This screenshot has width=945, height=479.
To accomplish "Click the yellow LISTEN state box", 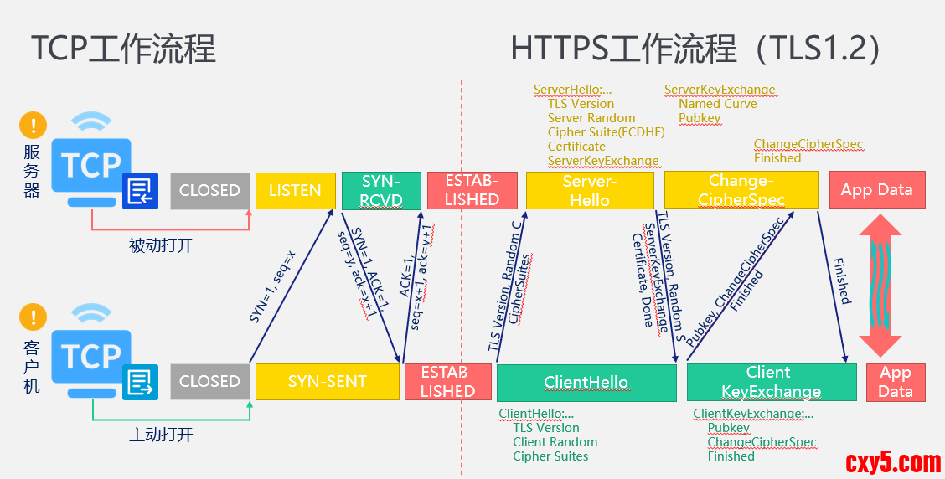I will (295, 191).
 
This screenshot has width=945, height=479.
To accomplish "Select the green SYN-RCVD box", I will (381, 191).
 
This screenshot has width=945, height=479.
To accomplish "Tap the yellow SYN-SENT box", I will (327, 382).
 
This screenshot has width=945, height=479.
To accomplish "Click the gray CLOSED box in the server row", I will (209, 191).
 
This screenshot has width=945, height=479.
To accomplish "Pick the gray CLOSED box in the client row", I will (209, 382).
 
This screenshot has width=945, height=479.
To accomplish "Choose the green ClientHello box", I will (586, 383).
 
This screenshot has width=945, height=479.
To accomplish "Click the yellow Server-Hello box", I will (590, 191).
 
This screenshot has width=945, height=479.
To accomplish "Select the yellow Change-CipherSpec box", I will (741, 190).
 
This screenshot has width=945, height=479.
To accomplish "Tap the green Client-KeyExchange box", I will (772, 382).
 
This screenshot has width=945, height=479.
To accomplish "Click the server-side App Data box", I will (876, 190).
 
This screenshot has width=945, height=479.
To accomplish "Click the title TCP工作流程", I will (124, 49).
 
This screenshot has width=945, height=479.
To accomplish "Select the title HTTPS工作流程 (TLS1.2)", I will (695, 49).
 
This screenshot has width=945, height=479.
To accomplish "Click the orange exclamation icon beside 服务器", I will (33, 126).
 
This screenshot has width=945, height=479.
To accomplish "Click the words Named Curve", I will (717, 104).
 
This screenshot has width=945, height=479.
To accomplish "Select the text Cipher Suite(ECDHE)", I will (606, 132).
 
